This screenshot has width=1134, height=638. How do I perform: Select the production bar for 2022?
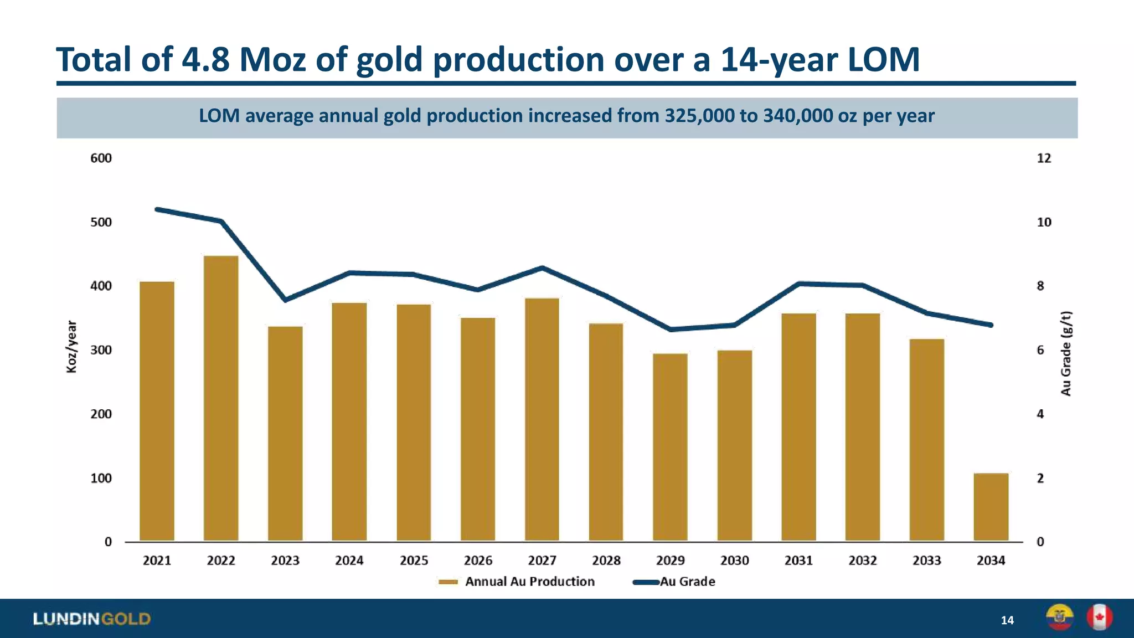[221, 399]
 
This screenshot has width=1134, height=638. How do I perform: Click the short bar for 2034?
[991, 507]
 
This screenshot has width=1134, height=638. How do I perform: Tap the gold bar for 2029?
[670, 447]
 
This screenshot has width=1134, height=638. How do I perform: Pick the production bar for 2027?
[542, 420]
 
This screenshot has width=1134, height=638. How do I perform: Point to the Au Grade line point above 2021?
[157, 209]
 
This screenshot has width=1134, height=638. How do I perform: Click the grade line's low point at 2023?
[285, 300]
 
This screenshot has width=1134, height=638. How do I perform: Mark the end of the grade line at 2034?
[991, 325]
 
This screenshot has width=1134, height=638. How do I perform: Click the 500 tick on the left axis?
[101, 222]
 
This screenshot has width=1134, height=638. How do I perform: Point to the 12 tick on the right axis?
[1043, 158]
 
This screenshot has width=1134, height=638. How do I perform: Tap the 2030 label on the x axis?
[734, 560]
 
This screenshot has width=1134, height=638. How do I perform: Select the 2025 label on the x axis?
[414, 560]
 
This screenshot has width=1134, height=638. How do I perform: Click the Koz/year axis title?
[71, 347]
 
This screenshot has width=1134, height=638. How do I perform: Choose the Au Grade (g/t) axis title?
[1066, 353]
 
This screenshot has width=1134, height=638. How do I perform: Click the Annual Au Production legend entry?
[529, 582]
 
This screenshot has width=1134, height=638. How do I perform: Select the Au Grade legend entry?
[687, 582]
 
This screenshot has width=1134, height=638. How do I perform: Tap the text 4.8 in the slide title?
[205, 59]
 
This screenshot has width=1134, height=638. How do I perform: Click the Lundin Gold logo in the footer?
[92, 619]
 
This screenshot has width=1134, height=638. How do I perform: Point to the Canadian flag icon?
[1099, 617]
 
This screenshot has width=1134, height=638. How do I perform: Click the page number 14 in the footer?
[1007, 620]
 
